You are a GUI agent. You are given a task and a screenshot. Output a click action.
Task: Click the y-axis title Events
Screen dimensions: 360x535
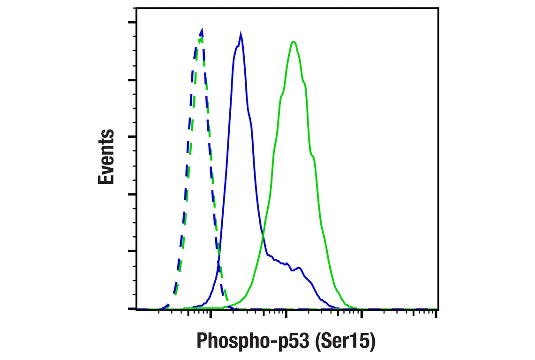(x=106, y=157)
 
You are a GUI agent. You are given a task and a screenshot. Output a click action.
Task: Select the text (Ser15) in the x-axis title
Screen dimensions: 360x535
(x=345, y=341)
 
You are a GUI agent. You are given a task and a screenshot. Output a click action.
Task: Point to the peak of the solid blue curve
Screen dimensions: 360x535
(x=241, y=35)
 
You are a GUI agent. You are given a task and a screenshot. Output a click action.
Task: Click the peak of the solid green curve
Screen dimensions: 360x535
(x=293, y=42)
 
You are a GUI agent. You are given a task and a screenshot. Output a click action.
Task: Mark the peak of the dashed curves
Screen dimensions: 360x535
(x=202, y=30)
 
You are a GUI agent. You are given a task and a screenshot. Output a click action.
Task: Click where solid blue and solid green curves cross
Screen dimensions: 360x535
(x=262, y=234)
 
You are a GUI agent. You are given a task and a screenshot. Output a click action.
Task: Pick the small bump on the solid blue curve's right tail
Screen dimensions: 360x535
(x=298, y=268)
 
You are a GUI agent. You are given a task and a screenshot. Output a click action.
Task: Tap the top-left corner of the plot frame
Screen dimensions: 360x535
(x=136, y=8)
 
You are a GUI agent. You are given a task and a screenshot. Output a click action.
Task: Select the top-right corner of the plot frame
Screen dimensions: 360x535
(x=437, y=8)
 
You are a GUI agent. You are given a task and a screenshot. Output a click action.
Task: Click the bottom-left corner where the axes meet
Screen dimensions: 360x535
(x=136, y=309)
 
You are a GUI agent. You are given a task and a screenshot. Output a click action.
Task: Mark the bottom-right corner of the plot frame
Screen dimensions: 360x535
(x=437, y=309)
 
